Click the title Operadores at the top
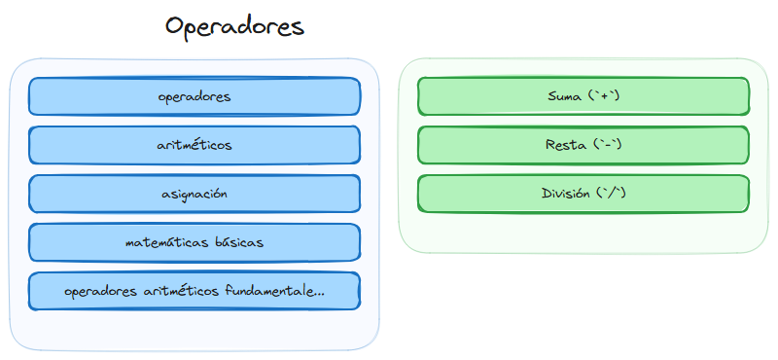234,26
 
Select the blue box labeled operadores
194,96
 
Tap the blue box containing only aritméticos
194,145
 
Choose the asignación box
194,194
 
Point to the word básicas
234,242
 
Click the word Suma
567,96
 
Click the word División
566,194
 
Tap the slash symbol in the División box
612,194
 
